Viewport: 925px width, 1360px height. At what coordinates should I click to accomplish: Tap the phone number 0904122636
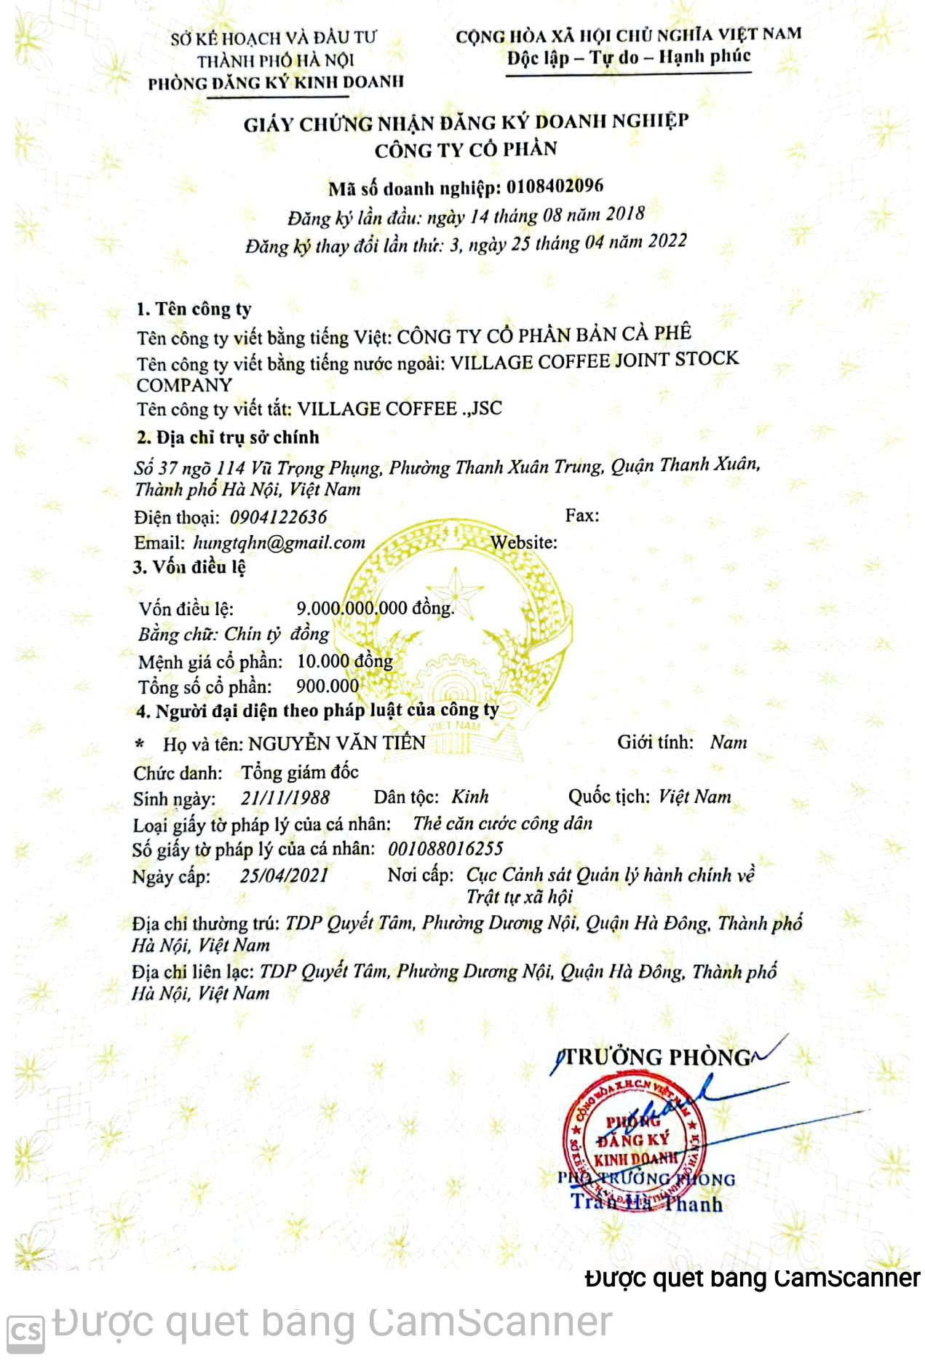(279, 518)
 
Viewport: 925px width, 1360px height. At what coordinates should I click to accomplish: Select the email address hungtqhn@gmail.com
(279, 542)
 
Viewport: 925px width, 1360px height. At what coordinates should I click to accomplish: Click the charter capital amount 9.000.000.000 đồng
(375, 608)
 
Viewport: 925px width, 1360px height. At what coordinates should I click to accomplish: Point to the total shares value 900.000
(327, 686)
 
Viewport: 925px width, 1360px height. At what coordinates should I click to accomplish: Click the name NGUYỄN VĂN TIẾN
(337, 743)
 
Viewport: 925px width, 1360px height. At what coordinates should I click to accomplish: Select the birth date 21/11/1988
(285, 797)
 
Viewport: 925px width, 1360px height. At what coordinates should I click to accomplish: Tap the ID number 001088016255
(445, 849)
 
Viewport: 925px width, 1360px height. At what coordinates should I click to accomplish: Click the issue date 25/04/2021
(284, 875)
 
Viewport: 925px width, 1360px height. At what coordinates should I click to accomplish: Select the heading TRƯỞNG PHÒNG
(657, 1056)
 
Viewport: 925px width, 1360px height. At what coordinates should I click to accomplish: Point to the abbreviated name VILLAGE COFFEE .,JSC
(400, 408)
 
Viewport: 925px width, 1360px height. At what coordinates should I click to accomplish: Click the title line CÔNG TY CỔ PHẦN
(466, 150)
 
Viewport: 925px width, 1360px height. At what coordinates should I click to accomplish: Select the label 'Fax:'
(582, 515)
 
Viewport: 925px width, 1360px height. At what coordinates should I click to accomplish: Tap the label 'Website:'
(524, 542)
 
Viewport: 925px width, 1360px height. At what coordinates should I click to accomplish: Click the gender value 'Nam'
(729, 743)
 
